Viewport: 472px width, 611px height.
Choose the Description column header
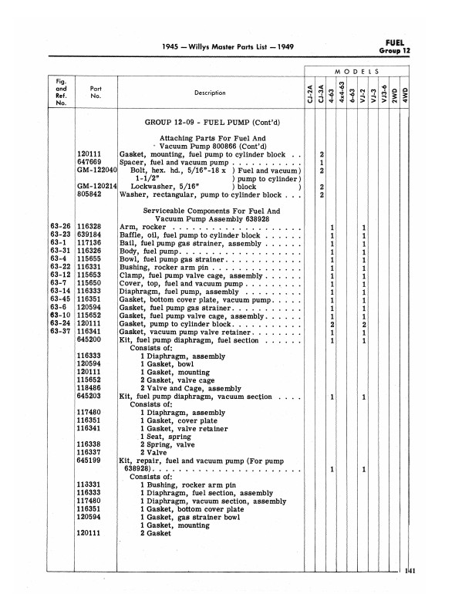click(x=210, y=93)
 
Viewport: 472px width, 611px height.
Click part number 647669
click(x=90, y=163)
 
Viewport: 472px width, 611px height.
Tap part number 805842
click(x=90, y=194)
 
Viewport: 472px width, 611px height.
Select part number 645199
click(x=90, y=460)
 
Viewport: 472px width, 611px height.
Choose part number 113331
click(x=90, y=484)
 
